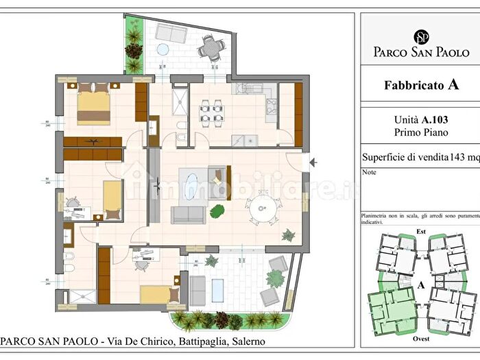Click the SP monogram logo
tap(420, 35)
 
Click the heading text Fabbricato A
tap(420, 86)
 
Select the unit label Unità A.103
tap(419, 119)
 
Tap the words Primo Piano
tap(419, 132)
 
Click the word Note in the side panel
tap(370, 173)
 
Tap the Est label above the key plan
tap(421, 232)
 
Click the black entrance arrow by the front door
tap(314, 163)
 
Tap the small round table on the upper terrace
tap(163, 49)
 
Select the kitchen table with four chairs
tap(212, 113)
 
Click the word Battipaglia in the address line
tap(181, 341)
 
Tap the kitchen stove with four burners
tap(271, 106)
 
